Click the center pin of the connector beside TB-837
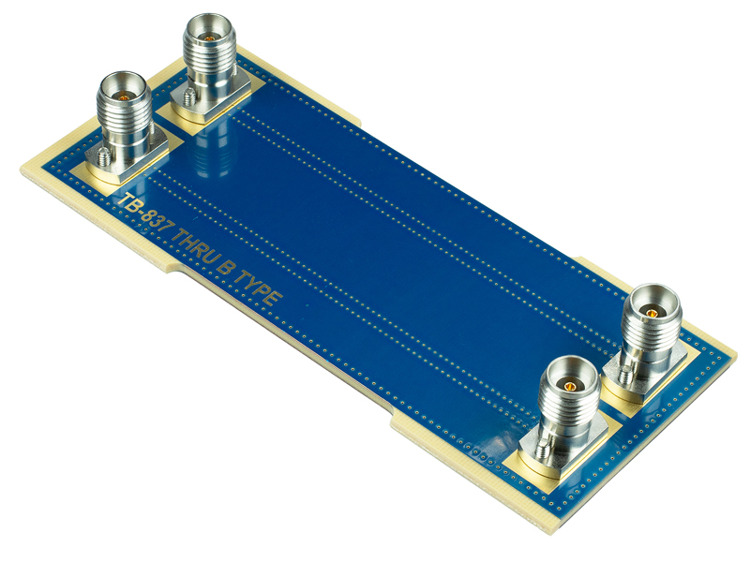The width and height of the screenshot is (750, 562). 123,95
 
